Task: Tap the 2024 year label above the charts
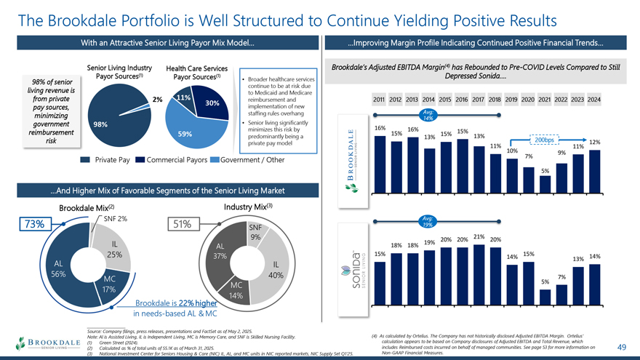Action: click(594, 99)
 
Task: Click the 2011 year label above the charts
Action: click(378, 99)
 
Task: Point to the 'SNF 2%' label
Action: click(116, 218)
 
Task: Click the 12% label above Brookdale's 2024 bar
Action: click(594, 143)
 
